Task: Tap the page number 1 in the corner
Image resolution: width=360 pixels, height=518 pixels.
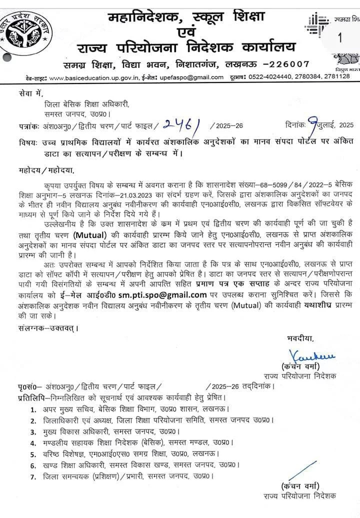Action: [x=340, y=37]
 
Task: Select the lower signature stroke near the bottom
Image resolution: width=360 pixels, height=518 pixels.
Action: [x=305, y=470]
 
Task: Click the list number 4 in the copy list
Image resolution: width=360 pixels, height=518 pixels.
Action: [x=32, y=442]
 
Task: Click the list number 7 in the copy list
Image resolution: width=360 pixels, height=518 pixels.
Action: [x=32, y=477]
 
